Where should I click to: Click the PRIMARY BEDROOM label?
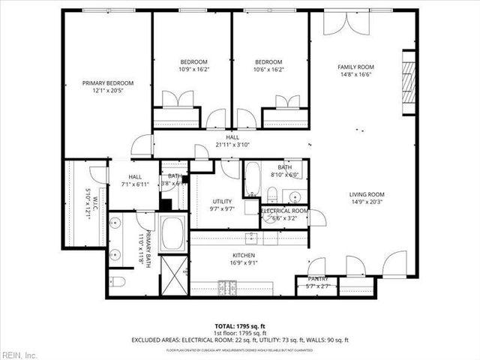(108, 83)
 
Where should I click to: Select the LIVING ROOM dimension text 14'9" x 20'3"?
(366, 202)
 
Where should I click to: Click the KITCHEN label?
(248, 254)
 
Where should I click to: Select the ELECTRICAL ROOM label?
(284, 211)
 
